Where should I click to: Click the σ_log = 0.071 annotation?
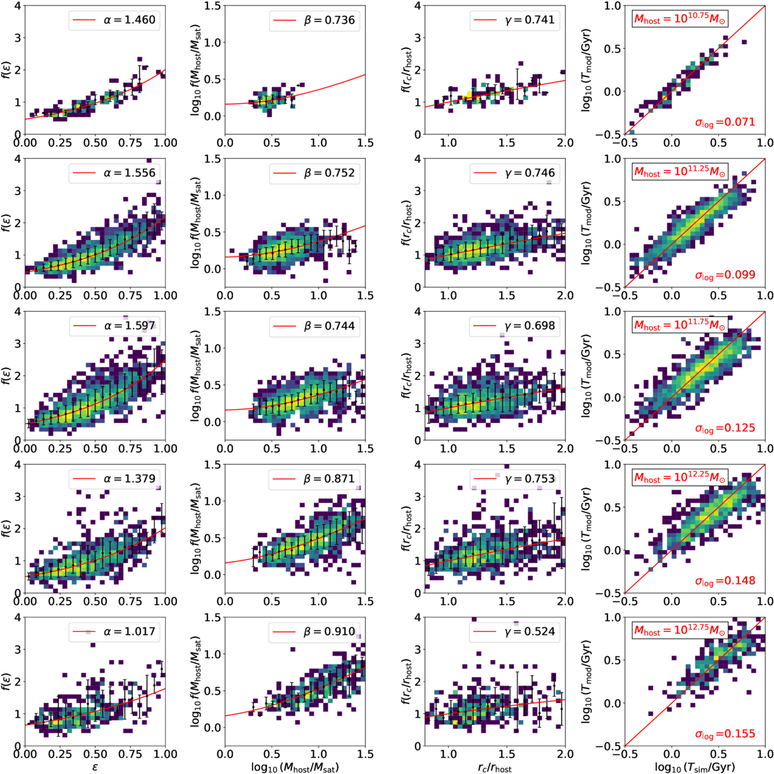(x=725, y=122)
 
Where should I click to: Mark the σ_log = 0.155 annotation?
(x=725, y=734)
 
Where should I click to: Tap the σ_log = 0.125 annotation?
(x=725, y=428)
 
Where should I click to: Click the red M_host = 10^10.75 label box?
(x=679, y=20)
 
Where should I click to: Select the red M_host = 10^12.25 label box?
(x=679, y=478)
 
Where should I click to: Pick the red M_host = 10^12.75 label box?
(x=679, y=631)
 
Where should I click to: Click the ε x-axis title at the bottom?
(x=95, y=767)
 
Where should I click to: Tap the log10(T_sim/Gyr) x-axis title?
(x=695, y=767)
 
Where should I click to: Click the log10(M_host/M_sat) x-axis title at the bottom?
(x=295, y=767)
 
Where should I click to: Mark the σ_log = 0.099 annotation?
(x=725, y=275)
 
